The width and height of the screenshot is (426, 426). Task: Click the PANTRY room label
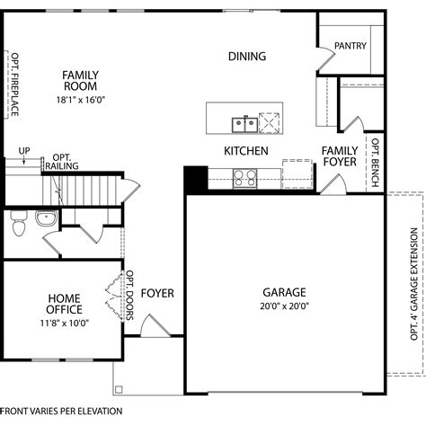(x=351, y=46)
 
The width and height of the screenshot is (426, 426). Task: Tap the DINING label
(x=247, y=57)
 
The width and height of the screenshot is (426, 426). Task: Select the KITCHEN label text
(x=246, y=151)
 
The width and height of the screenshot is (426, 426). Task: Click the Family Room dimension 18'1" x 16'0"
(x=81, y=100)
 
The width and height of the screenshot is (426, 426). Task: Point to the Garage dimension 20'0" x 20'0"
(x=284, y=306)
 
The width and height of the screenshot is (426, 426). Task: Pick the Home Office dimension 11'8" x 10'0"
(x=65, y=323)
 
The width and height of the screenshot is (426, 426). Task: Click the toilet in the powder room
(x=19, y=223)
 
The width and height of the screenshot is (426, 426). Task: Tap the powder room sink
(x=47, y=217)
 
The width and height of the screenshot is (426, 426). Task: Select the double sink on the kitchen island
(x=244, y=125)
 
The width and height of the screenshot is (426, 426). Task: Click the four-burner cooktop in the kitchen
(x=245, y=179)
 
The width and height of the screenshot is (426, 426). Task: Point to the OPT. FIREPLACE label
(x=14, y=84)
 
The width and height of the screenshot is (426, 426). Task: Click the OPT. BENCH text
(x=375, y=163)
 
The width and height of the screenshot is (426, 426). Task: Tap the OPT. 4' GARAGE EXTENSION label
(x=414, y=284)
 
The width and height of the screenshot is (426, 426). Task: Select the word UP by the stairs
(x=24, y=151)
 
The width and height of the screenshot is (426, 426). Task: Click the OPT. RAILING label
(x=62, y=162)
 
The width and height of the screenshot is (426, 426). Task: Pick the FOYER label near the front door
(x=157, y=293)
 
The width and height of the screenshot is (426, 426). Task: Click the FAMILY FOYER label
(x=340, y=156)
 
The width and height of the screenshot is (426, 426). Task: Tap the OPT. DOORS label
(x=129, y=296)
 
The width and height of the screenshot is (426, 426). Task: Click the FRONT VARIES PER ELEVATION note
(x=61, y=411)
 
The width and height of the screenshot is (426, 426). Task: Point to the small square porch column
(x=119, y=389)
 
